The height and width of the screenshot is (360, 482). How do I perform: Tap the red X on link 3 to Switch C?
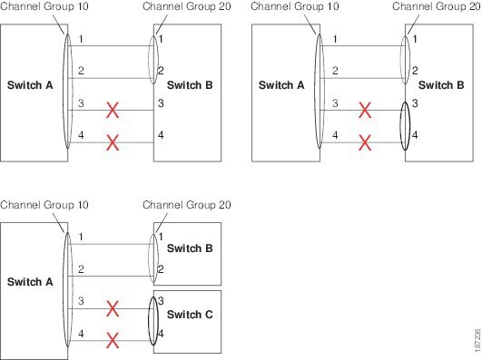(x=113, y=310)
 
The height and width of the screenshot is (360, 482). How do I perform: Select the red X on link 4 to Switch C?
(x=113, y=342)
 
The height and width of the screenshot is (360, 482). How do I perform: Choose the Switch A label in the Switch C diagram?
(x=30, y=282)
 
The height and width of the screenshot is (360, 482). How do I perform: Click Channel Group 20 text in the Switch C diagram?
(x=187, y=204)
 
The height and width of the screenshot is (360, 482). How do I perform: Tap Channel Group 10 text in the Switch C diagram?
(x=44, y=204)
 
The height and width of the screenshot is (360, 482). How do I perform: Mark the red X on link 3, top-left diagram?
(x=113, y=111)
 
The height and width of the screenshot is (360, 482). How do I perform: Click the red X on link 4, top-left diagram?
(x=113, y=141)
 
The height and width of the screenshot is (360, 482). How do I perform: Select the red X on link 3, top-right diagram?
(x=365, y=111)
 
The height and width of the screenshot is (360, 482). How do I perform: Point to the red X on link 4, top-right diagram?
(x=365, y=141)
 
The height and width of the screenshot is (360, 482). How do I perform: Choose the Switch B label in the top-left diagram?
(x=190, y=86)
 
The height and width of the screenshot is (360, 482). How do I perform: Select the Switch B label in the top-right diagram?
(x=441, y=86)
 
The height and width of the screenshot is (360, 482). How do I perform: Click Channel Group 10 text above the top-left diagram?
(x=44, y=6)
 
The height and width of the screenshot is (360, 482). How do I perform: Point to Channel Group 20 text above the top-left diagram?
(x=187, y=6)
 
